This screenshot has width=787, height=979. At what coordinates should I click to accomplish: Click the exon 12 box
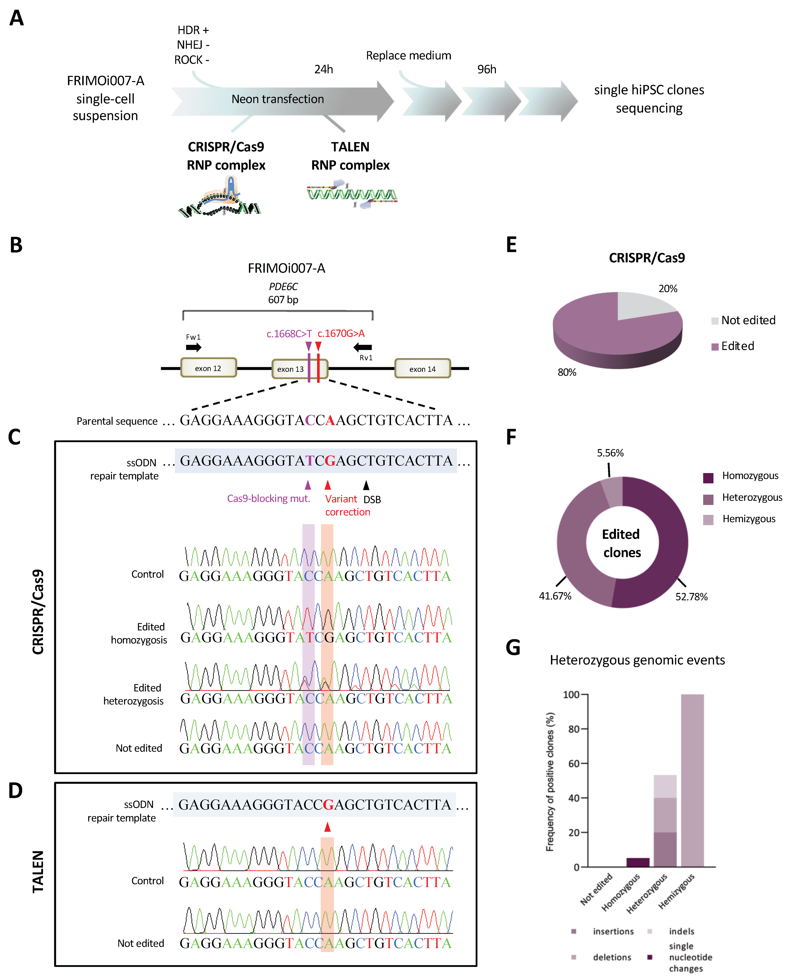click(x=208, y=368)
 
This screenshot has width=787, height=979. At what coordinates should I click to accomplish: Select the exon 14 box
click(x=422, y=368)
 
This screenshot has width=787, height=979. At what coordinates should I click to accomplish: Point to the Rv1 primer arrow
click(x=363, y=347)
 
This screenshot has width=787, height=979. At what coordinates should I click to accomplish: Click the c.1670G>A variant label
click(x=341, y=334)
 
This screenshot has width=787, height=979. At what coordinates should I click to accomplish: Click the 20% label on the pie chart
click(x=667, y=289)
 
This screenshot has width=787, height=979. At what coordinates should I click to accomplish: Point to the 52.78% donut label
click(x=691, y=597)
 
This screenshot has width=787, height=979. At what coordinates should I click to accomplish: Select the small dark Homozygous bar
click(x=638, y=862)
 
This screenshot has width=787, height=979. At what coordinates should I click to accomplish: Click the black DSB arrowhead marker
click(x=366, y=485)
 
